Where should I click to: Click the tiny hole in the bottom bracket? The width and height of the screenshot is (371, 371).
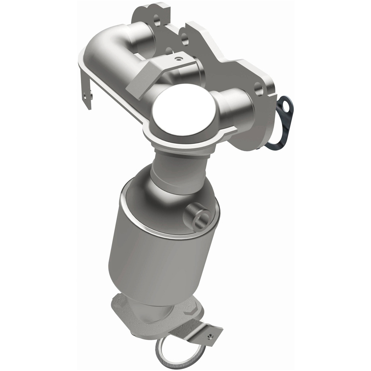coord(210,337)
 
